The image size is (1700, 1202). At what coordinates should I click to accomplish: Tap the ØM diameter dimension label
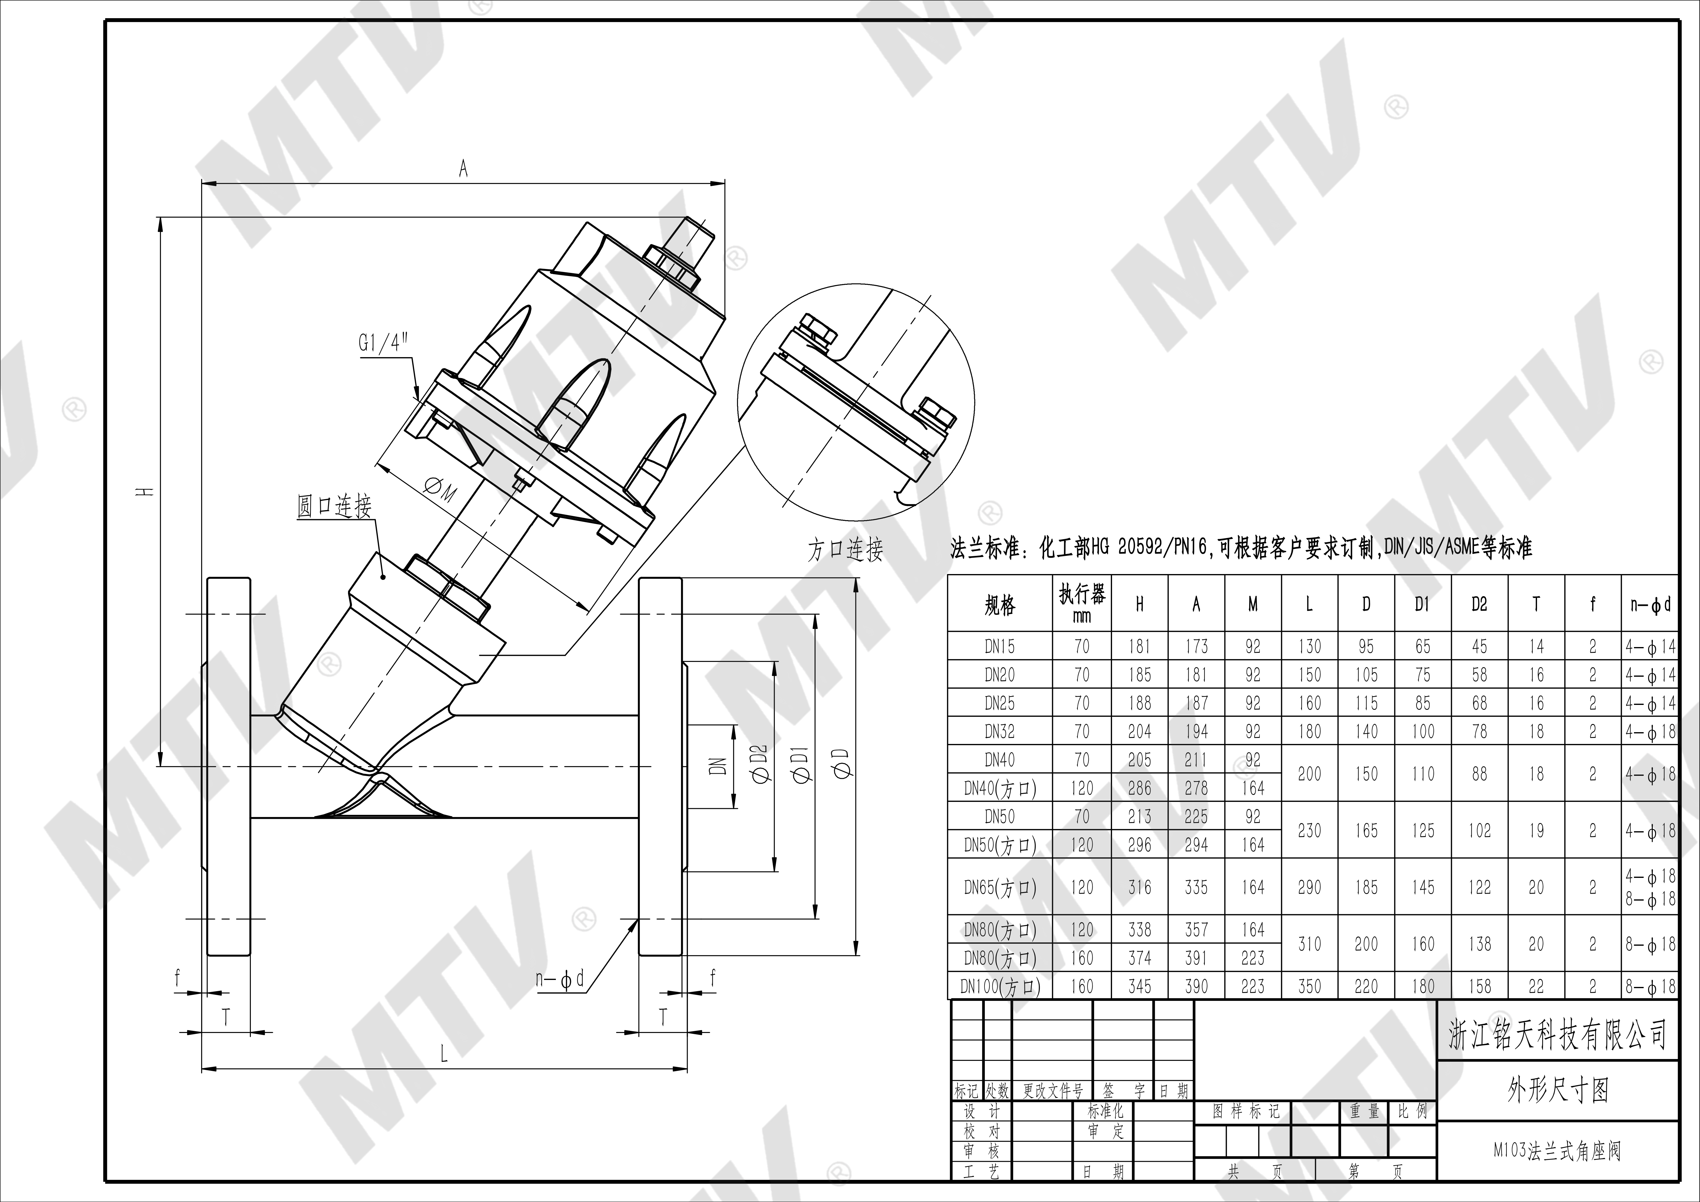tap(440, 490)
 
